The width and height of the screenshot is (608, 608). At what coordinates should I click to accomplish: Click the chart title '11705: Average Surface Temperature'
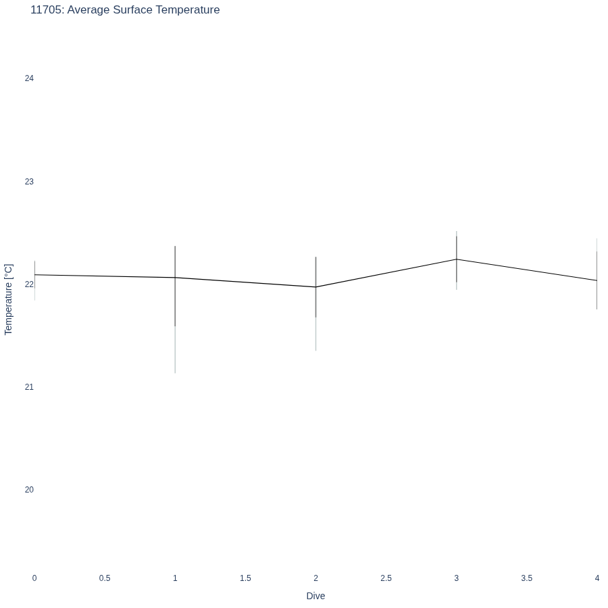point(125,9)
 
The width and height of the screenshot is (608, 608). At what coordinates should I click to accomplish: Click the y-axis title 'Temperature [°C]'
point(9,299)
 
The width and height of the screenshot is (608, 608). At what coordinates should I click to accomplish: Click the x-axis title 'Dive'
point(315,596)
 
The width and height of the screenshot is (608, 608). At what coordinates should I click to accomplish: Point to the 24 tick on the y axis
point(29,78)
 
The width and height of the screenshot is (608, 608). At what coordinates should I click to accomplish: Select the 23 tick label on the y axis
point(29,182)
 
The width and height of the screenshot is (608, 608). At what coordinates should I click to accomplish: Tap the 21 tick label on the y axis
point(29,387)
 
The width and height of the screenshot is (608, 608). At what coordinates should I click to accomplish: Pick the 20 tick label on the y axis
point(29,490)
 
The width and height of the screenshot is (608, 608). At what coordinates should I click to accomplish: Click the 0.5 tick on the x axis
point(105,578)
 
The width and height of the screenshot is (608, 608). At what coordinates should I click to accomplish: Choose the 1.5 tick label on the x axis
point(245,578)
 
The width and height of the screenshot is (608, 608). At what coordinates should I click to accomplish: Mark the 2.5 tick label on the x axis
point(386,578)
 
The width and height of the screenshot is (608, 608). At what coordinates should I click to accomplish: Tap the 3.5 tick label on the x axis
point(526,578)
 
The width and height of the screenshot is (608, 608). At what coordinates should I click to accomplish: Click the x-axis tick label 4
point(597,578)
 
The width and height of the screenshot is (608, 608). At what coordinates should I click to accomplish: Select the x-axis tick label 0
point(34,578)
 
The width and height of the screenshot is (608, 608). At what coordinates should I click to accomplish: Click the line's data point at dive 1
point(175,278)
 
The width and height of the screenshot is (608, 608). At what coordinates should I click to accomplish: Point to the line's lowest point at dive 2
point(316,287)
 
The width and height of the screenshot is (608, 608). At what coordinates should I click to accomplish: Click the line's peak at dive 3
point(457,259)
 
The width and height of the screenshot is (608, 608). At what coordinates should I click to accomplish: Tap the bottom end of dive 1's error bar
point(175,373)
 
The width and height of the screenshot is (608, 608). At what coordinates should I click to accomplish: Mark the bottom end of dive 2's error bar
point(316,351)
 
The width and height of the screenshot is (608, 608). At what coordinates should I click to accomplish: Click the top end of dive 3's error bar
point(457,231)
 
